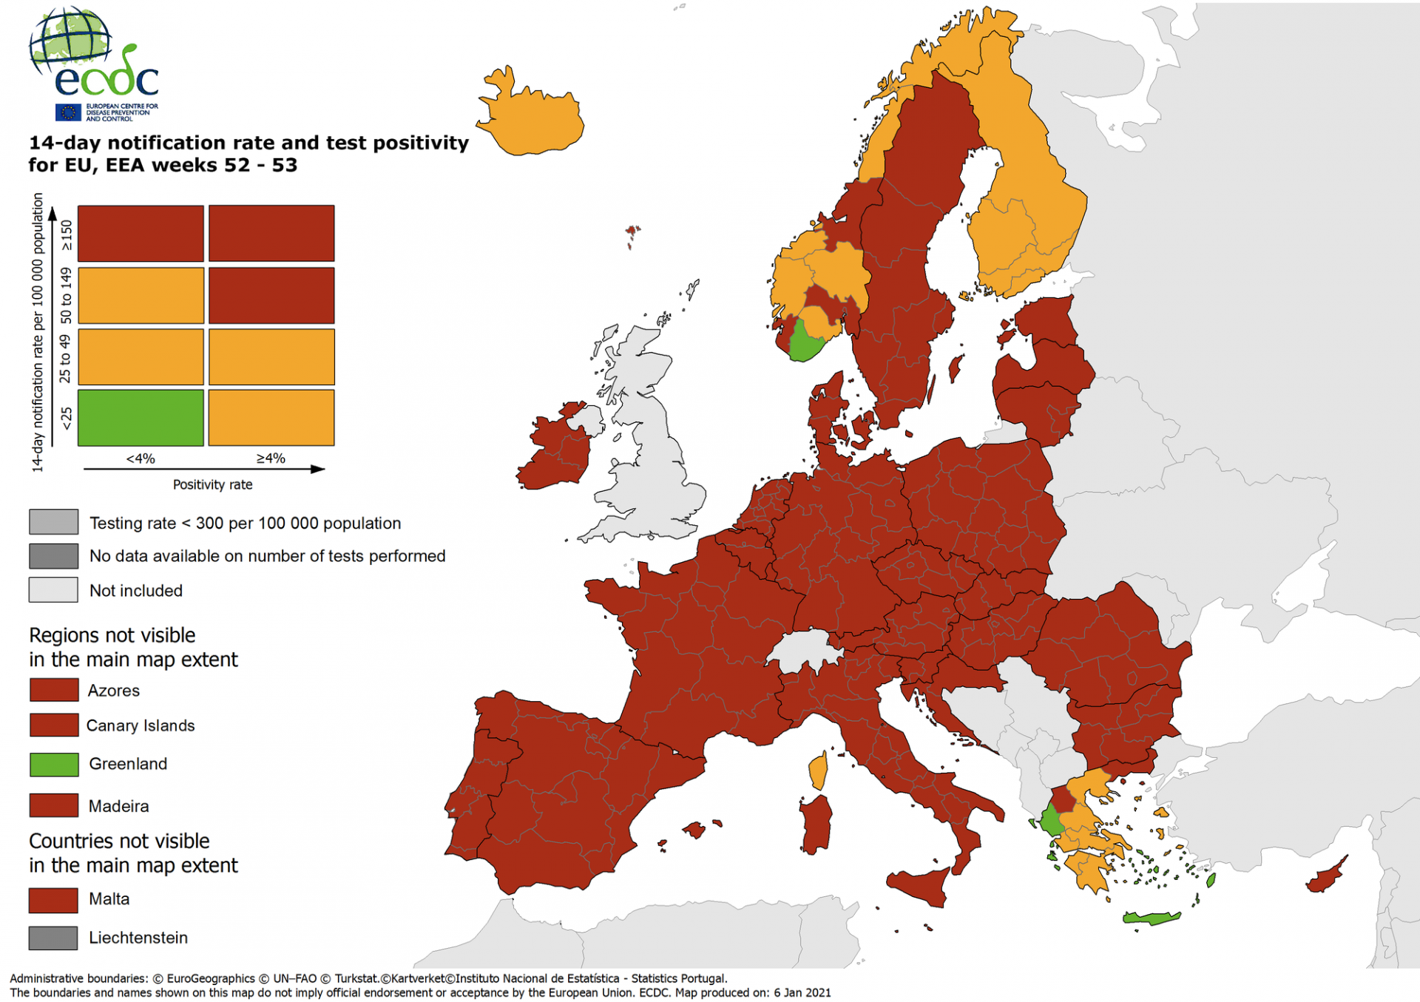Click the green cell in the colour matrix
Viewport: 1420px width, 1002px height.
pos(141,418)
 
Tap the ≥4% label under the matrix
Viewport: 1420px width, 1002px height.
pos(271,458)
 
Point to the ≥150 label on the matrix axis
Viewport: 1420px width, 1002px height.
pos(67,234)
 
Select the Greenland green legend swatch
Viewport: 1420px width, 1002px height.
pos(54,764)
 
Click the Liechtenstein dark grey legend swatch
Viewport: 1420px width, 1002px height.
pos(53,938)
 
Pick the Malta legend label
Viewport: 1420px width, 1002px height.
pos(109,898)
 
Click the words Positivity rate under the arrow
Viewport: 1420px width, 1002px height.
pos(212,484)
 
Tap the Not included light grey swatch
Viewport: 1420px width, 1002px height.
pos(53,589)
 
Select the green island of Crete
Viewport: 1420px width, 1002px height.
pos(1151,918)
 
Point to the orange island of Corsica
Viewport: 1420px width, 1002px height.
pos(818,771)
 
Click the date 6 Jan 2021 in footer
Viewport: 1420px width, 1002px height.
pos(802,992)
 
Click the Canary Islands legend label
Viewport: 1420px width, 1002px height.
pos(141,725)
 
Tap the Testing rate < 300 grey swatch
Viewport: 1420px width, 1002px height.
pos(53,522)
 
